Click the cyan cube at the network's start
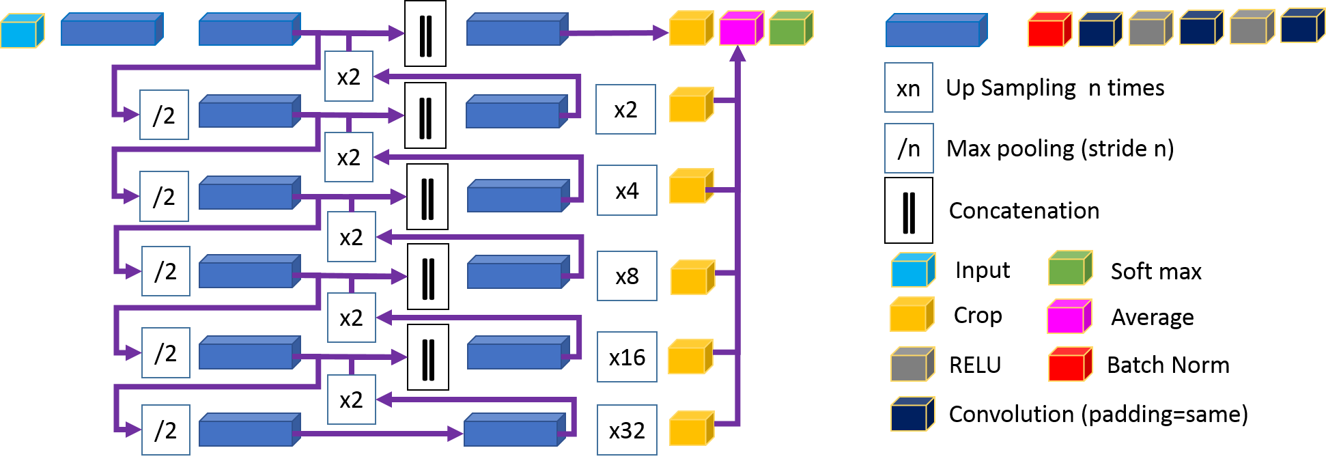[21, 31]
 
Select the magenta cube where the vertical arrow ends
[740, 29]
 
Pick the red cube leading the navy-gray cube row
[1049, 31]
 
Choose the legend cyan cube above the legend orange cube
[912, 271]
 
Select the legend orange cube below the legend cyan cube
[911, 316]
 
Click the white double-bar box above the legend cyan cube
[908, 211]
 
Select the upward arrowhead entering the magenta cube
[737, 54]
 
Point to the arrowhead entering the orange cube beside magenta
[660, 33]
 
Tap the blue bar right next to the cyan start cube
[111, 30]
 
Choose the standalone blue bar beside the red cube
[935, 31]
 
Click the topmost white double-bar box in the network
[425, 33]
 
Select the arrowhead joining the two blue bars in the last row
[455, 434]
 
